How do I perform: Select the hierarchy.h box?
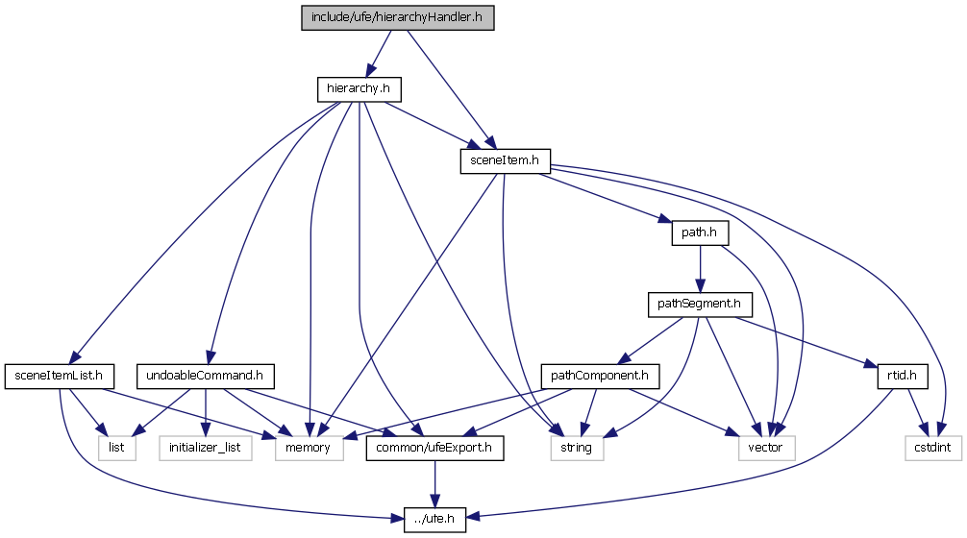[358, 89]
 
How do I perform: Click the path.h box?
[699, 233]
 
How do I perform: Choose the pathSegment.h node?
[699, 305]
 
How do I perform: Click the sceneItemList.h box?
[61, 376]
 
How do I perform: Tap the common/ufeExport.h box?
[434, 447]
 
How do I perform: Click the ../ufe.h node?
[434, 519]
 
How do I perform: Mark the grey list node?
[115, 447]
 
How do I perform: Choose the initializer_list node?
[204, 447]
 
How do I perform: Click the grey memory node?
[310, 447]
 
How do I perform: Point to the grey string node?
[577, 447]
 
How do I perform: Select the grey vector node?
[766, 447]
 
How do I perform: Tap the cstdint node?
[933, 447]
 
